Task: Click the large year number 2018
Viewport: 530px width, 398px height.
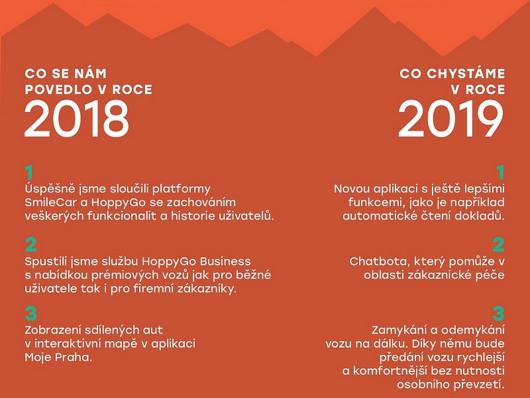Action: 77,119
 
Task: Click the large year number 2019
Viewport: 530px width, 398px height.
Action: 451,119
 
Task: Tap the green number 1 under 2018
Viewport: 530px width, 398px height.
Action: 29,172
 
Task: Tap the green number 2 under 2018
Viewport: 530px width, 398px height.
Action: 30,245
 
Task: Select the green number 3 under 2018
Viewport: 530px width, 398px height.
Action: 30,313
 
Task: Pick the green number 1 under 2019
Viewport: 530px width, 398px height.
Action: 500,172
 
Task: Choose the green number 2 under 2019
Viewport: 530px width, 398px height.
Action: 499,245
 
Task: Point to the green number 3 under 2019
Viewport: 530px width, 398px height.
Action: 499,313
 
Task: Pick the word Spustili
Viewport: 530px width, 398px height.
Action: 46,261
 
